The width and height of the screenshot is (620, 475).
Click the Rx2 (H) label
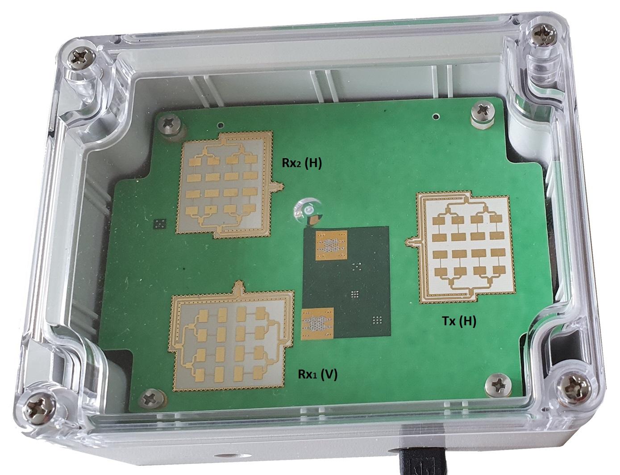pyautogui.click(x=301, y=164)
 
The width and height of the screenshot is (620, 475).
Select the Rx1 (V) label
pyautogui.click(x=317, y=374)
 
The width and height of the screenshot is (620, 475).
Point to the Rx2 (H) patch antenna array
pyautogui.click(x=225, y=183)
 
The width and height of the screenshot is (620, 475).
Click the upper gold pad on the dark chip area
pyautogui.click(x=331, y=244)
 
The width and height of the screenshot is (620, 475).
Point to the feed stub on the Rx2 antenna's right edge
pyautogui.click(x=278, y=186)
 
